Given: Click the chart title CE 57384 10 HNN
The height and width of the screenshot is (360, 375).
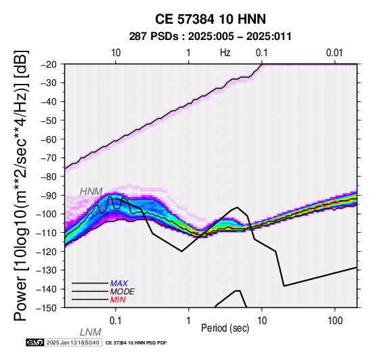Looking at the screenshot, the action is tap(211, 19).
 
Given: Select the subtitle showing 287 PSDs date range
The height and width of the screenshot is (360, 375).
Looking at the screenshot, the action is tap(211, 37).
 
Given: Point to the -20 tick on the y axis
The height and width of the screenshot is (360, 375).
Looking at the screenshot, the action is tap(49, 64).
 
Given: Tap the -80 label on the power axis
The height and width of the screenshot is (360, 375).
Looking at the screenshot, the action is tap(49, 177).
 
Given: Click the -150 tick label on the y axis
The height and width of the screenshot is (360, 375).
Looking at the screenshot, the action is tap(47, 308).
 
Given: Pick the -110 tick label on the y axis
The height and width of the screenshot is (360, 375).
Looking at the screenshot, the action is tap(47, 233).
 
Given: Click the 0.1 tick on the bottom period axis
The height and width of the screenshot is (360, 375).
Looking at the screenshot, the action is tap(116, 321).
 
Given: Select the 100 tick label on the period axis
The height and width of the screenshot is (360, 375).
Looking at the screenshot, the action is tap(335, 321).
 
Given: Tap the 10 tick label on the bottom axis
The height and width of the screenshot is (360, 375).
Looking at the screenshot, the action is tap(262, 321).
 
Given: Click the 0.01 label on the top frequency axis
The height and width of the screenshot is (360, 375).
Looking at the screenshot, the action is tap(334, 53).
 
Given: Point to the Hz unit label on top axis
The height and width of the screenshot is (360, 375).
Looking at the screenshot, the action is tap(225, 53).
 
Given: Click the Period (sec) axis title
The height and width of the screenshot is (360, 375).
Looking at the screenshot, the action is tap(225, 328).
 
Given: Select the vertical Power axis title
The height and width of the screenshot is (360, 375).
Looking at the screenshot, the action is tap(20, 185).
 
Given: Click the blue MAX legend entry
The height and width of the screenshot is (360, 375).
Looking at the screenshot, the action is tap(119, 284).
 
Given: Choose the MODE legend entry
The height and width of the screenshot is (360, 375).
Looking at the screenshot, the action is tap(123, 292).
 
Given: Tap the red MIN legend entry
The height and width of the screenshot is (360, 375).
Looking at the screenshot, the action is tap(118, 300).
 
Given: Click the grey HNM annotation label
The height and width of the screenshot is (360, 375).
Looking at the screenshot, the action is tap(91, 192).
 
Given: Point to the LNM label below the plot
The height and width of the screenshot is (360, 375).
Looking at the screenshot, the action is tap(91, 332).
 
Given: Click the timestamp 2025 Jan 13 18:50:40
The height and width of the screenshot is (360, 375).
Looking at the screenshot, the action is tap(72, 343).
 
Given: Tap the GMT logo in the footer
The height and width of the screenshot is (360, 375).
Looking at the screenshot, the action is tap(35, 343).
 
